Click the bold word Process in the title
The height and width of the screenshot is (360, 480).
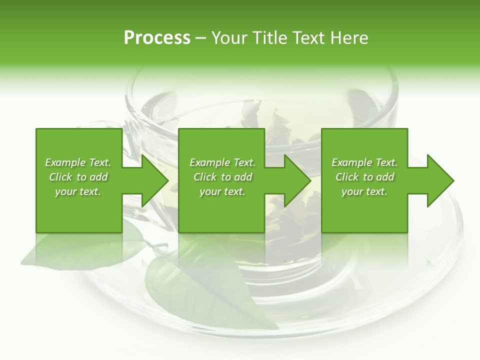(x=157, y=38)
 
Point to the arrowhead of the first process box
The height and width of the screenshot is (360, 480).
(x=154, y=180)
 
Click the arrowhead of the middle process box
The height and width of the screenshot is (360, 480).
(x=297, y=180)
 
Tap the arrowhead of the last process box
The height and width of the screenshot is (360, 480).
(x=440, y=180)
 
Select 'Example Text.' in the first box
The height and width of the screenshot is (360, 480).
(x=78, y=162)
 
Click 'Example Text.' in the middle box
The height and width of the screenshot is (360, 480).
(x=222, y=162)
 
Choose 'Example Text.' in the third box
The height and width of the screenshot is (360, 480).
(x=364, y=162)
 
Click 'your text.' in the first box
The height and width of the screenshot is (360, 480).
(x=78, y=191)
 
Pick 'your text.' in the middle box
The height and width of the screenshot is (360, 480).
(x=222, y=191)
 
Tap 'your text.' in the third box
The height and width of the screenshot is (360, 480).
(x=364, y=191)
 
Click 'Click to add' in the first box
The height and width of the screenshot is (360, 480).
(x=78, y=177)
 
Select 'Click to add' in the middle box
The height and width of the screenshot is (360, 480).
(x=222, y=177)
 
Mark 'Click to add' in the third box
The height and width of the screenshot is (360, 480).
(x=364, y=177)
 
